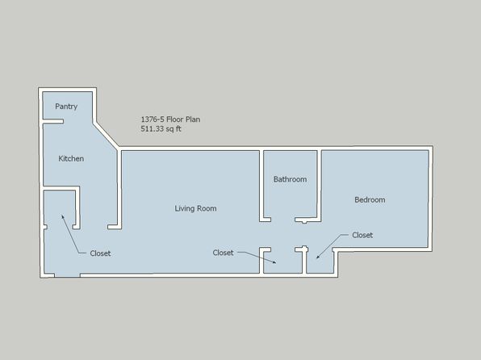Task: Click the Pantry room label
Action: [66, 107]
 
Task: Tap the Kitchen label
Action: [71, 159]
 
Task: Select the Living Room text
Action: [196, 209]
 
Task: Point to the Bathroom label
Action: [291, 179]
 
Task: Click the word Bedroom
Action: [370, 200]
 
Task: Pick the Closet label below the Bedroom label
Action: [362, 235]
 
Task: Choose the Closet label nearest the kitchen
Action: [100, 253]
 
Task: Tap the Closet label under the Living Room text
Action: [223, 253]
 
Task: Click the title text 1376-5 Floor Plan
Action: [170, 119]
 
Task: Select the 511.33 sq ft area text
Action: [161, 128]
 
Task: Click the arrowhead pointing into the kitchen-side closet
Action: [63, 216]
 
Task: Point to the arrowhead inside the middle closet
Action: [274, 262]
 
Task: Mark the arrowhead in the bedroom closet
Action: [318, 257]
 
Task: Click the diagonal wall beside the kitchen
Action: [106, 136]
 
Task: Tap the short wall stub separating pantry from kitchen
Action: [52, 122]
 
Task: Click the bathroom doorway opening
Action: [282, 220]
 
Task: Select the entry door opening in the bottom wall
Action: [68, 275]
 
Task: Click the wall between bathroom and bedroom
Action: [319, 185]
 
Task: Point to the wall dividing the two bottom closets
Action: [304, 260]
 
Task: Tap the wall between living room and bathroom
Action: [261, 185]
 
